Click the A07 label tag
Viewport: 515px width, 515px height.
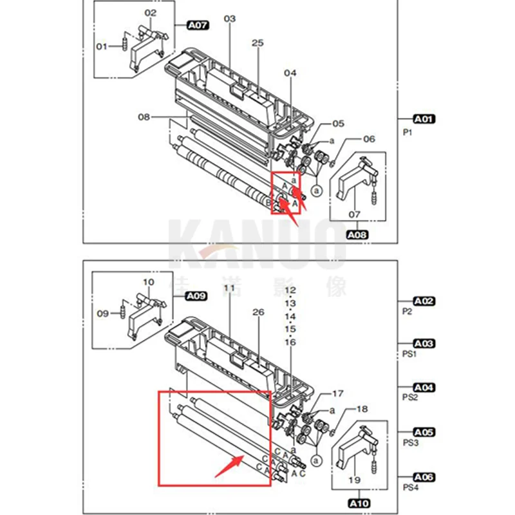point(198,26)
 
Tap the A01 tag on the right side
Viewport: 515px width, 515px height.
point(424,118)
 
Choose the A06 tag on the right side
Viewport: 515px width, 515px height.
point(424,477)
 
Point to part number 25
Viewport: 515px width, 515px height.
point(257,43)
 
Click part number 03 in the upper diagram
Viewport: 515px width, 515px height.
point(230,19)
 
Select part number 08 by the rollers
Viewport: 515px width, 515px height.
point(144,117)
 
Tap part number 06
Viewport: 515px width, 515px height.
point(369,138)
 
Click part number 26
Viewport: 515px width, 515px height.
point(258,312)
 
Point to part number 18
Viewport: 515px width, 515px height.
point(362,409)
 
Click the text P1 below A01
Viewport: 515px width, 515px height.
point(407,133)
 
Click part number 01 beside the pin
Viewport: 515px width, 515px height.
point(102,46)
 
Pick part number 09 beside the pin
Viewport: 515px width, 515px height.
point(103,314)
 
